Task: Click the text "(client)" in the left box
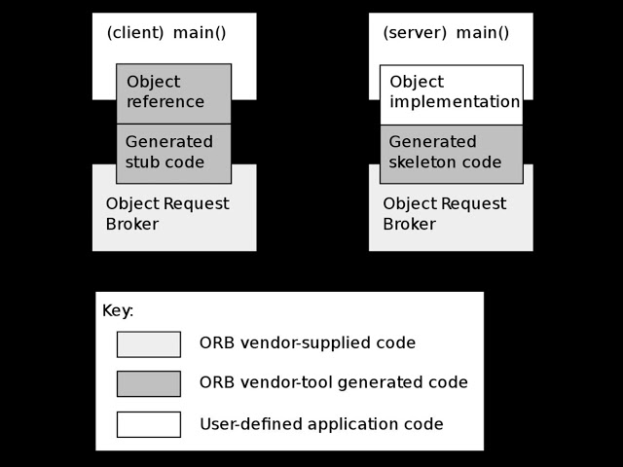coord(135,33)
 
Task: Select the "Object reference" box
coord(173,92)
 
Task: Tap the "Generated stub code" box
coord(173,153)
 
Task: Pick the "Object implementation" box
coord(451,93)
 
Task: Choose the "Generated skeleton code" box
coord(451,153)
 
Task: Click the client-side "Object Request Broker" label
coord(166,214)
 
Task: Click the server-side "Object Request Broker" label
coord(444,214)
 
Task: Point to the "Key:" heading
coord(118,311)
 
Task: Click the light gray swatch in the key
coord(148,343)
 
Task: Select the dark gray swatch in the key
coord(148,383)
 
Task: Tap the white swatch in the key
coord(148,424)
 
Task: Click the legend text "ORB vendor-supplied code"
coord(307,343)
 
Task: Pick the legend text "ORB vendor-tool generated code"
coord(333,383)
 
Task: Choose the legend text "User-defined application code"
coord(321,424)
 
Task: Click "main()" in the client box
coord(200,33)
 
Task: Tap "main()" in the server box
coord(483,33)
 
